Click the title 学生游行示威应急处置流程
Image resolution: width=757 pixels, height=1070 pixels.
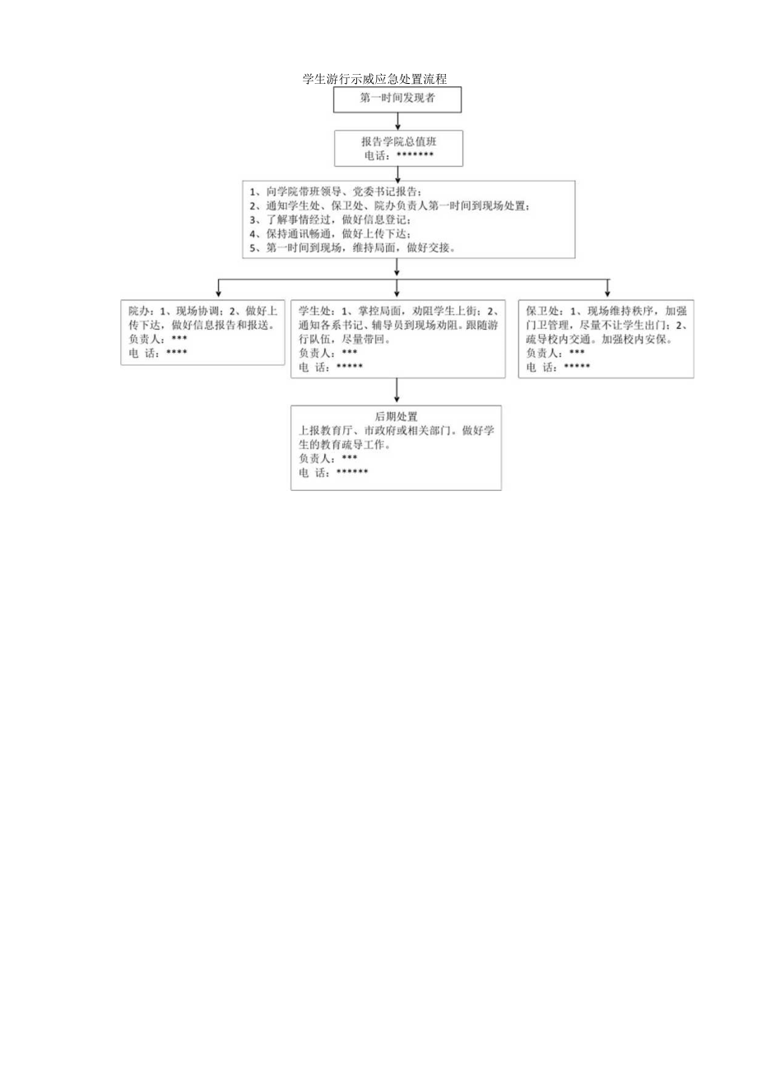point(374,80)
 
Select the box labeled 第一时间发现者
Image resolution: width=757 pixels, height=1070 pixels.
point(397,99)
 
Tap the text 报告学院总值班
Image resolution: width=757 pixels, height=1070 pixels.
point(397,141)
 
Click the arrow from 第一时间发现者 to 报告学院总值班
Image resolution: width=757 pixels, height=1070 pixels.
point(397,121)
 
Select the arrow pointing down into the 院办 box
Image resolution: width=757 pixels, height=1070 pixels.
point(218,288)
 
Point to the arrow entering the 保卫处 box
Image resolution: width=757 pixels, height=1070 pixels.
point(607,288)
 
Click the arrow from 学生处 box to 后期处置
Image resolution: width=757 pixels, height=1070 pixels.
point(397,391)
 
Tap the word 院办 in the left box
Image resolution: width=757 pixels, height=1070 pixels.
point(139,311)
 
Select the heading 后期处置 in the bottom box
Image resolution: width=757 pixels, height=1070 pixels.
point(397,416)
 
